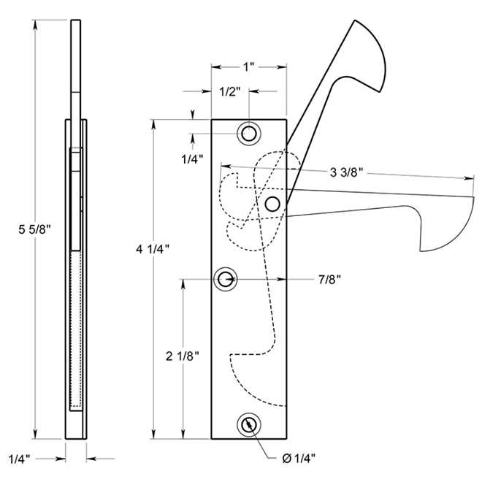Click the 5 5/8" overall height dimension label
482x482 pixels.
click(33, 229)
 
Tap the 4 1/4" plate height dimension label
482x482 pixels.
click(153, 249)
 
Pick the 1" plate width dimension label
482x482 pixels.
click(248, 66)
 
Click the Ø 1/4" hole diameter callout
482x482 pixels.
click(299, 458)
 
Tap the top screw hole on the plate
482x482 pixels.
click(249, 134)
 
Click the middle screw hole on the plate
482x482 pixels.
click(226, 278)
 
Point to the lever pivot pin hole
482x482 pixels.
click(273, 204)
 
